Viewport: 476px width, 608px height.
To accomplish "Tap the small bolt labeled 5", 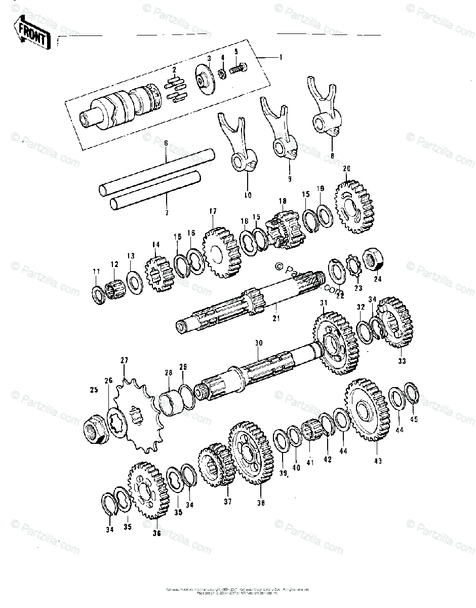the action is (238, 67).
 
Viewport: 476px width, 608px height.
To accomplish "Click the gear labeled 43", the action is (367, 411).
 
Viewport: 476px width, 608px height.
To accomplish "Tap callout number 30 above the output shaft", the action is (258, 343).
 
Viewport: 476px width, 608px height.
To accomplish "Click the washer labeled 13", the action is (133, 282).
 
